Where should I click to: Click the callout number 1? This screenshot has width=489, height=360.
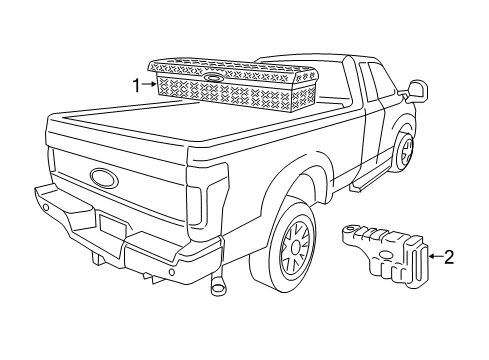[137, 85]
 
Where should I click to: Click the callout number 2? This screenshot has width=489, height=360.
[449, 257]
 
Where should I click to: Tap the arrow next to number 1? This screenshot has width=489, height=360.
[150, 85]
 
